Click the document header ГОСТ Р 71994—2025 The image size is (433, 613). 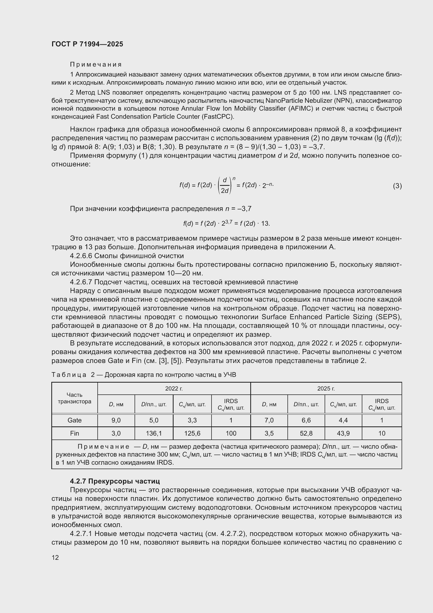[x=87, y=44]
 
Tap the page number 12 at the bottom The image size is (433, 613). [x=55, y=557]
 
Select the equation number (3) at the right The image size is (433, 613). [x=397, y=186]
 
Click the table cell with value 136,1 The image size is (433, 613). [x=154, y=433]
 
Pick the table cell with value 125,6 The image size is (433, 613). [x=192, y=433]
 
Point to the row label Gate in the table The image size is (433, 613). [x=74, y=420]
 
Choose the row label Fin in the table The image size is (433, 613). [x=74, y=433]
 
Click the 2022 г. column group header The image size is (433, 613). [x=174, y=388]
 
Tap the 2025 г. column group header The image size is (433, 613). [x=326, y=388]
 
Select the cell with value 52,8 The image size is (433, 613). [x=306, y=433]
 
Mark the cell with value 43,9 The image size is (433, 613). [x=343, y=433]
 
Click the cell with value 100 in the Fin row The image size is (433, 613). [x=231, y=433]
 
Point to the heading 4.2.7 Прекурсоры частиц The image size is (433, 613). [x=115, y=481]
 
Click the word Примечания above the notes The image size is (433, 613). [x=96, y=64]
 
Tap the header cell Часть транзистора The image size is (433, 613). [x=74, y=398]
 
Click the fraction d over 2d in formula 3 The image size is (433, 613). [x=225, y=186]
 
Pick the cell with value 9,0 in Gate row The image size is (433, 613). [x=116, y=420]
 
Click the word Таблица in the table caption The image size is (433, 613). [x=69, y=375]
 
